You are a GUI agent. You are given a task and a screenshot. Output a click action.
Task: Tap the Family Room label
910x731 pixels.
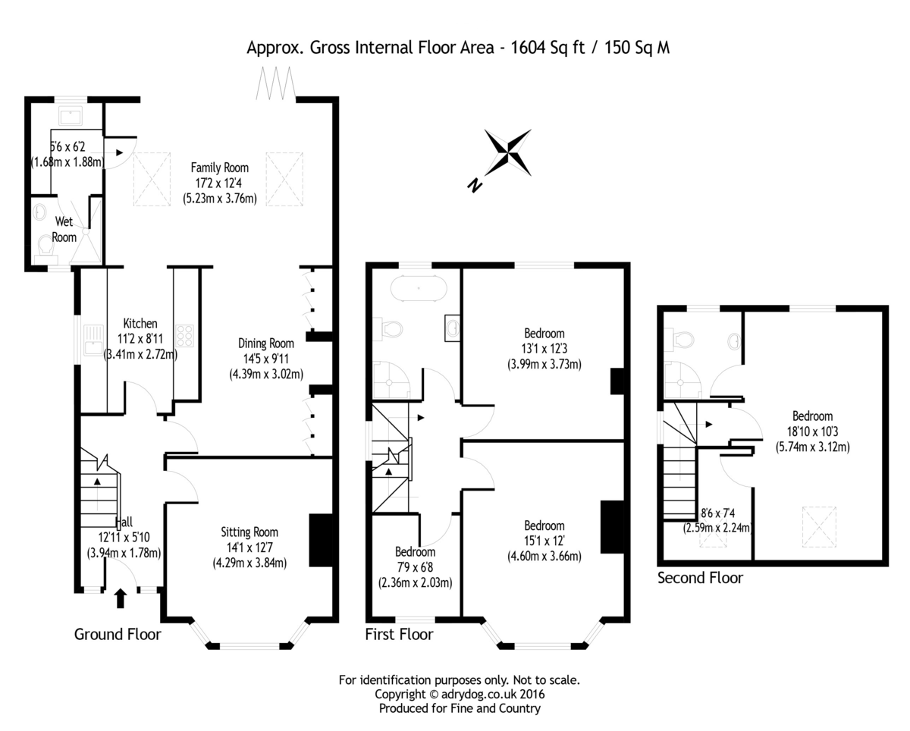pyautogui.click(x=219, y=168)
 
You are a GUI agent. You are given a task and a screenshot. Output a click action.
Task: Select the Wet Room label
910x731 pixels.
pyautogui.click(x=64, y=229)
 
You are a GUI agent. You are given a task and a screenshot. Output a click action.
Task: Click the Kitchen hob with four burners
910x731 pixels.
pyautogui.click(x=184, y=336)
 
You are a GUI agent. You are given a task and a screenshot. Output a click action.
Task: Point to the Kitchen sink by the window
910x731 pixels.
pyautogui.click(x=93, y=340)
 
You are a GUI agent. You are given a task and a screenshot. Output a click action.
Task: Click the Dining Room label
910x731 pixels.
pyautogui.click(x=266, y=344)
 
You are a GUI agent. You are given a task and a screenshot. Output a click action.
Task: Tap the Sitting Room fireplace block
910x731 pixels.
pyautogui.click(x=321, y=540)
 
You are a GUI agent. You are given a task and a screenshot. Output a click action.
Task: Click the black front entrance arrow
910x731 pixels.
pyautogui.click(x=121, y=598)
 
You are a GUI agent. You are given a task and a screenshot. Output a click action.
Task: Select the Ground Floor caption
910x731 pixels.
pyautogui.click(x=118, y=634)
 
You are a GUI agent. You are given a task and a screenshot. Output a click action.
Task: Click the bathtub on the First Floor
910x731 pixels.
pyautogui.click(x=418, y=288)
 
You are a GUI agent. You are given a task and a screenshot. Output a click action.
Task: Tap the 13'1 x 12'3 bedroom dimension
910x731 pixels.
pyautogui.click(x=544, y=349)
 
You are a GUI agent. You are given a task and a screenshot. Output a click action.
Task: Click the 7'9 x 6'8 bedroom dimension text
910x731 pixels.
pyautogui.click(x=415, y=567)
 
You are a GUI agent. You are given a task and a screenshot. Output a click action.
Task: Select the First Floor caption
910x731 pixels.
pyautogui.click(x=399, y=634)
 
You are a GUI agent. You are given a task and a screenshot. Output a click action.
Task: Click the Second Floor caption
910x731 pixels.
pyautogui.click(x=700, y=578)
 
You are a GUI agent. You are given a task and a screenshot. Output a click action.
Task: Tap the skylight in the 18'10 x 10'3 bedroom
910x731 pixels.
pyautogui.click(x=819, y=527)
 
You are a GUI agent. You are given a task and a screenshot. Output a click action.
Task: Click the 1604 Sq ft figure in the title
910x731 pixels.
pyautogui.click(x=548, y=47)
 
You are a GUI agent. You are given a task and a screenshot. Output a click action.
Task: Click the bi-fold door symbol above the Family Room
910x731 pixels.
pyautogui.click(x=275, y=83)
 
